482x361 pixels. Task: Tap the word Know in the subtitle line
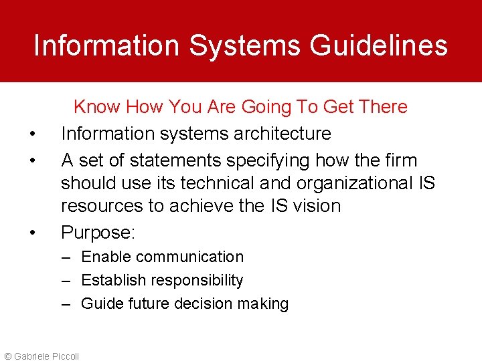[x=96, y=107]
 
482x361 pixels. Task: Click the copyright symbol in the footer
[x=7, y=356]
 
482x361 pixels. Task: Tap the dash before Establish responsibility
[x=66, y=280]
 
